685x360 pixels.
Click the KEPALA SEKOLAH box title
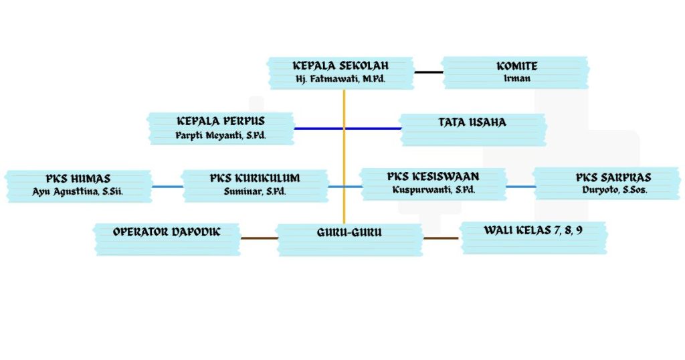point(340,66)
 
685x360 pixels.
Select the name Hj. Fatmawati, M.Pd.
point(340,79)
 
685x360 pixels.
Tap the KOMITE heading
point(516,66)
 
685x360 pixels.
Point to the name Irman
point(516,79)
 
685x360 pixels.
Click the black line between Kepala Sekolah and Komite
point(428,71)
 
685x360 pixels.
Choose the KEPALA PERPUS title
point(221,121)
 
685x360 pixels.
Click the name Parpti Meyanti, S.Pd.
point(221,134)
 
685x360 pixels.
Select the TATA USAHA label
point(472,122)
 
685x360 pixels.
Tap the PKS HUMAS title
point(78,179)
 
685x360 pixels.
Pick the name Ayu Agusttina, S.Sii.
point(78,191)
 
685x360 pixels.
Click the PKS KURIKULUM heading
point(255,179)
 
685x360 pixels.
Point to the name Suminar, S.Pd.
point(255,191)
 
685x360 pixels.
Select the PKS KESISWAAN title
point(433,177)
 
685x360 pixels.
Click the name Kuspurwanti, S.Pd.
point(433,190)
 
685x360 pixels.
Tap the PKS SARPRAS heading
point(613,178)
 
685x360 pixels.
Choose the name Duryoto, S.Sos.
point(613,191)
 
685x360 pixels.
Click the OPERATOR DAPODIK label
point(167,232)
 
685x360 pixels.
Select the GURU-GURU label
point(349,233)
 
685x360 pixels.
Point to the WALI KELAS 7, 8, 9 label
point(533,230)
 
